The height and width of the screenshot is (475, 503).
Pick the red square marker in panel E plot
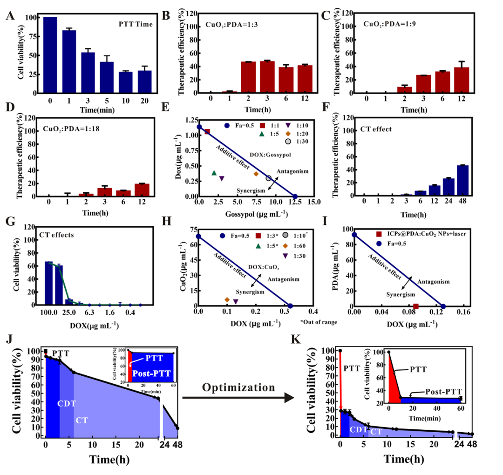pyautogui.click(x=207, y=132)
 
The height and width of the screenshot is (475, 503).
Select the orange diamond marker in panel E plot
pyautogui.click(x=256, y=174)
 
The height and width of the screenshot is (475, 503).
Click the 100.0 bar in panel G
pyautogui.click(x=49, y=283)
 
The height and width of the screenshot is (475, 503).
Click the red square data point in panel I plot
pyautogui.click(x=416, y=306)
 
